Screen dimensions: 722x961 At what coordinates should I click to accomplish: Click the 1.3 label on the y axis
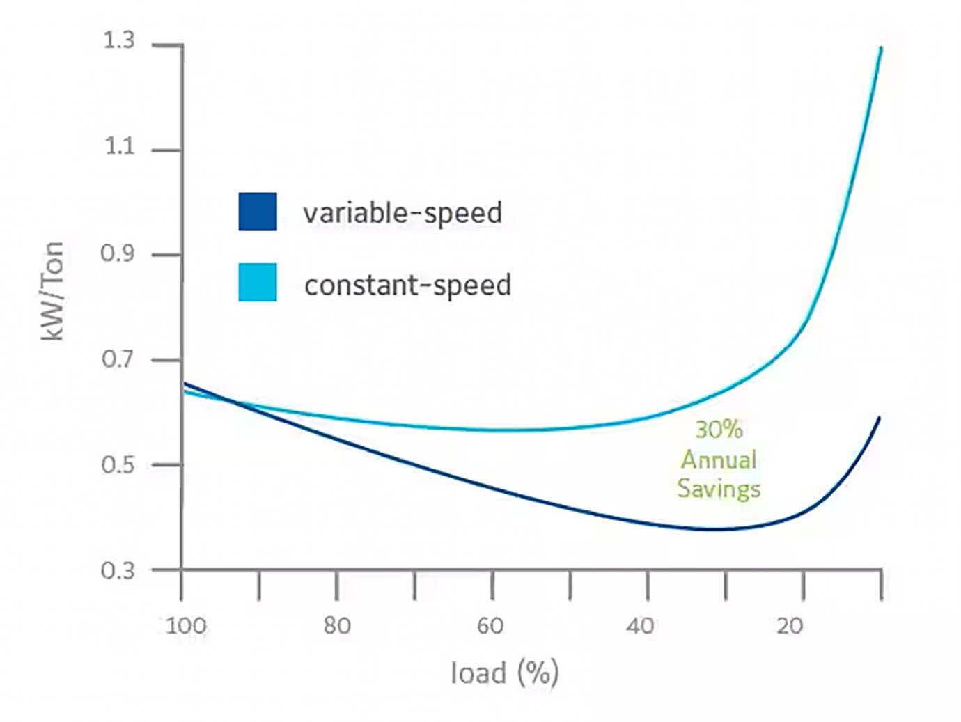pyautogui.click(x=118, y=41)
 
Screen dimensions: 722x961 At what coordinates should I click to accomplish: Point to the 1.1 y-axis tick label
pyautogui.click(x=118, y=147)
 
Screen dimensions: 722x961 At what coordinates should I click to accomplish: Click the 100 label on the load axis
pyautogui.click(x=186, y=626)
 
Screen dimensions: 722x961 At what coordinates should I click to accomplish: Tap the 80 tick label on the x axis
pyautogui.click(x=337, y=626)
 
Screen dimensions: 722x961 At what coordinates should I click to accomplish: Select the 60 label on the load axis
pyautogui.click(x=490, y=626)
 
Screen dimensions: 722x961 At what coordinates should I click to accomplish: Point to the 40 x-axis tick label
pyautogui.click(x=641, y=626)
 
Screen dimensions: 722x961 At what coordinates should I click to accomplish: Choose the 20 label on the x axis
pyautogui.click(x=790, y=626)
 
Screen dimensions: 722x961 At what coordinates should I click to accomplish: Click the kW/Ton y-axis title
pyautogui.click(x=53, y=290)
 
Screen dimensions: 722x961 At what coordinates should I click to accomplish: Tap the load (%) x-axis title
pyautogui.click(x=505, y=673)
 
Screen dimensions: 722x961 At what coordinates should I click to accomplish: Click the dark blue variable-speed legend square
pyautogui.click(x=258, y=212)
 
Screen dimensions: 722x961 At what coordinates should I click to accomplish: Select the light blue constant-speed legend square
pyautogui.click(x=258, y=282)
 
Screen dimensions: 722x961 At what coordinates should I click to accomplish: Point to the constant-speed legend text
pyautogui.click(x=408, y=285)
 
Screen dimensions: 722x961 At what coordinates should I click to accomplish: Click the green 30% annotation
pyautogui.click(x=719, y=430)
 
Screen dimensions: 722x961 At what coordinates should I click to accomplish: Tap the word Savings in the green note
pyautogui.click(x=719, y=489)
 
